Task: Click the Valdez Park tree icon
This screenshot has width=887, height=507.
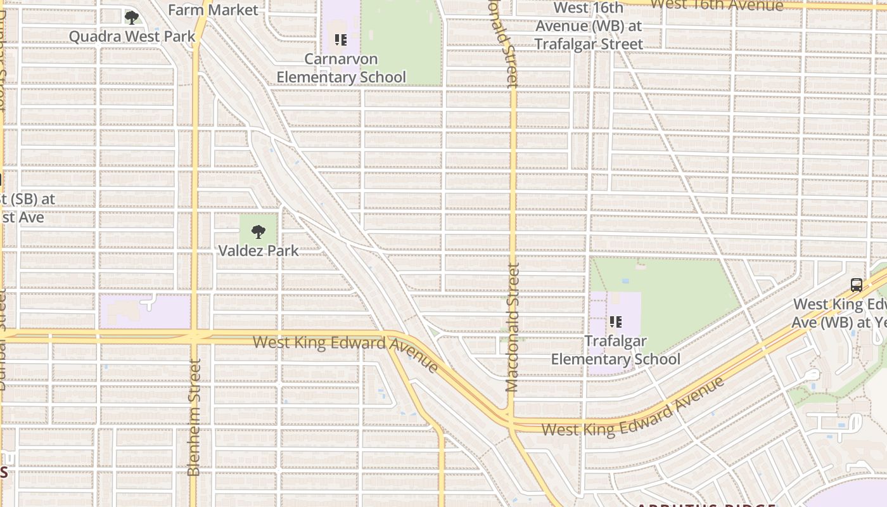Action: click(x=258, y=232)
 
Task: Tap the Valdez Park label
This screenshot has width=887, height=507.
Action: click(x=258, y=250)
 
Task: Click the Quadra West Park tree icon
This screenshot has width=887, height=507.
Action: click(x=131, y=18)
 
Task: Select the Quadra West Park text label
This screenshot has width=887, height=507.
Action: click(x=132, y=36)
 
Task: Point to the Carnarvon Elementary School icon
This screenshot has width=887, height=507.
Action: click(x=341, y=41)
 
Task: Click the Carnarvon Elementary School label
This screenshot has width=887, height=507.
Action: click(x=341, y=68)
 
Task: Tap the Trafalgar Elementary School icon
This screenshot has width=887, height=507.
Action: click(x=615, y=323)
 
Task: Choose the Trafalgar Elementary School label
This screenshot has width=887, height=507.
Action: click(x=615, y=350)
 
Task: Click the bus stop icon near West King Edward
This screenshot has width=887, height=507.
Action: click(x=857, y=285)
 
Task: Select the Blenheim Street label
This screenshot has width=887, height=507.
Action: click(x=194, y=417)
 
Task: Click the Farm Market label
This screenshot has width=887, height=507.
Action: click(x=213, y=10)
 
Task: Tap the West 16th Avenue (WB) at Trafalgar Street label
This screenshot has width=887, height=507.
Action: click(x=589, y=26)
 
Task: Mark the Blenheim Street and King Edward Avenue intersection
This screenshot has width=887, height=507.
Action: click(x=194, y=337)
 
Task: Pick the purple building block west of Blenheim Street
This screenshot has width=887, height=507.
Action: click(x=144, y=312)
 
